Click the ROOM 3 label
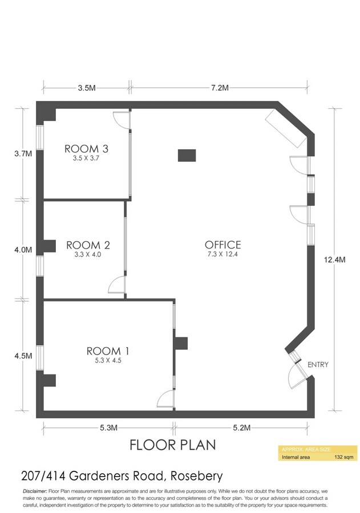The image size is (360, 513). [x=86, y=149]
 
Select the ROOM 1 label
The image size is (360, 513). [x=103, y=351]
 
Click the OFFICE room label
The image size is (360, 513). [x=223, y=245]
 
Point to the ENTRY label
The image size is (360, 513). [x=318, y=365]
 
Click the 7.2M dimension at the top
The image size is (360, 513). [x=220, y=88]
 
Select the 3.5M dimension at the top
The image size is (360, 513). [x=86, y=88]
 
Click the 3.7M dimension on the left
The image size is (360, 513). [x=23, y=153]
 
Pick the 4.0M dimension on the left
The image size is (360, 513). [x=23, y=250]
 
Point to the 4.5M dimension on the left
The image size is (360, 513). [x=23, y=355]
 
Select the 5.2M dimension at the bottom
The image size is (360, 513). [x=244, y=427]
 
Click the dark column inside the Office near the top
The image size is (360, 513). [x=187, y=155]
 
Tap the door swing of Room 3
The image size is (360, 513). [x=122, y=119]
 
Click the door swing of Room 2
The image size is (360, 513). [x=116, y=284]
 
